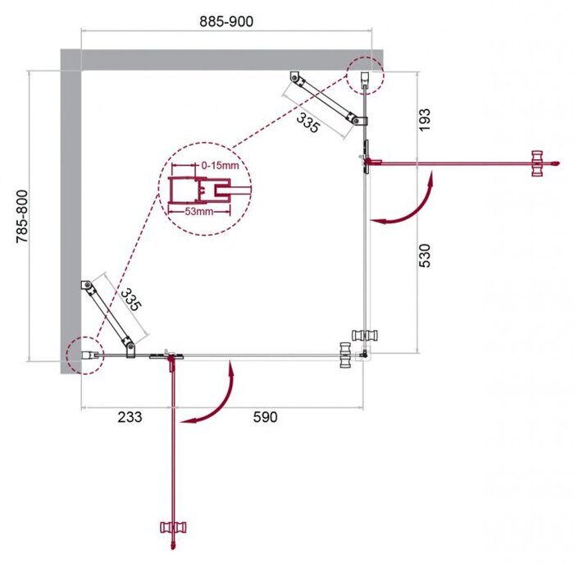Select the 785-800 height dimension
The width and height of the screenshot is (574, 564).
pyautogui.click(x=18, y=215)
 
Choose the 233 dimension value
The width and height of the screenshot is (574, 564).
pyautogui.click(x=128, y=417)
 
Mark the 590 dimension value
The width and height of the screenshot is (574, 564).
pyautogui.click(x=264, y=417)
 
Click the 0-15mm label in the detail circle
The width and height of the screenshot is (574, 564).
pyautogui.click(x=221, y=165)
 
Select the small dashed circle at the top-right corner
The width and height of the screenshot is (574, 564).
pyautogui.click(x=364, y=77)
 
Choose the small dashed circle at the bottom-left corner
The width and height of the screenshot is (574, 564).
pyautogui.click(x=85, y=355)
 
